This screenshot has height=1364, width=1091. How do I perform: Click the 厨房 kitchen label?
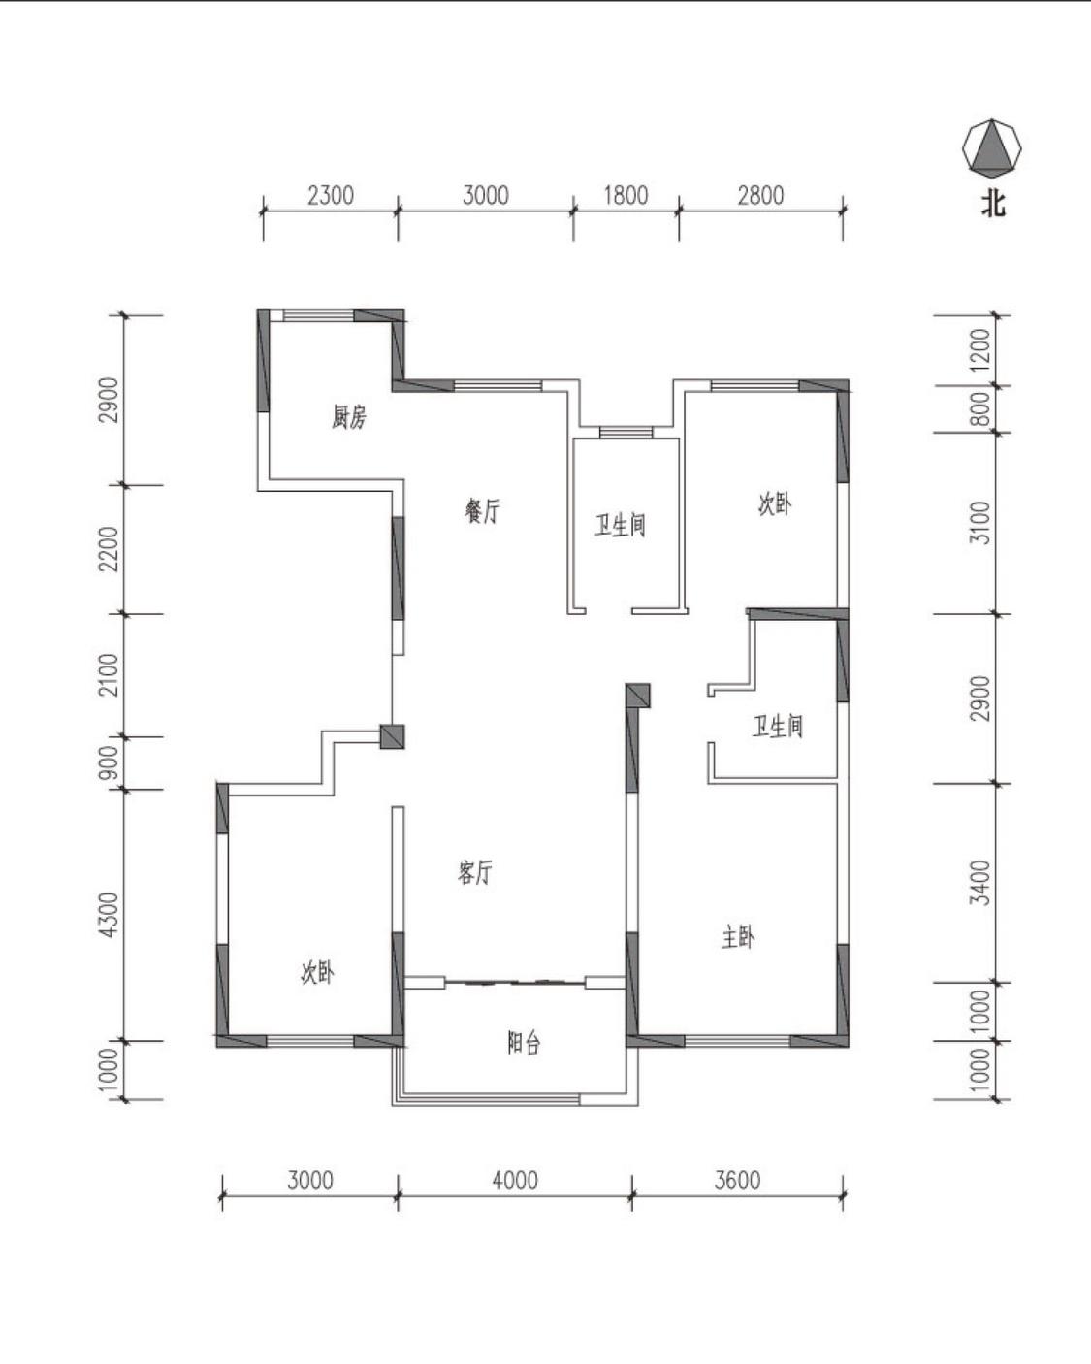pyautogui.click(x=348, y=417)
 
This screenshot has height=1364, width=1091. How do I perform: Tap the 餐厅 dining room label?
pyautogui.click(x=483, y=511)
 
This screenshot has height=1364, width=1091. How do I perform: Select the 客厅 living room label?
pyautogui.click(x=474, y=872)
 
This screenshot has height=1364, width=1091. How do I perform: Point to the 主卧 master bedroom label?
pyautogui.click(x=738, y=937)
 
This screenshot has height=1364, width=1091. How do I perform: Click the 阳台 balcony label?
pyautogui.click(x=524, y=1043)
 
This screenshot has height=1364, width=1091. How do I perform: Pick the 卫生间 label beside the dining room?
pyautogui.click(x=621, y=526)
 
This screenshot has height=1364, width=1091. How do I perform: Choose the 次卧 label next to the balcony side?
pyautogui.click(x=317, y=972)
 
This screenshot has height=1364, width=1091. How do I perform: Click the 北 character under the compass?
pyautogui.click(x=993, y=205)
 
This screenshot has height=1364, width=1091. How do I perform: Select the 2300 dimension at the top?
pyautogui.click(x=331, y=195)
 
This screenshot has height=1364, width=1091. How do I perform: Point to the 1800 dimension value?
pyautogui.click(x=626, y=195)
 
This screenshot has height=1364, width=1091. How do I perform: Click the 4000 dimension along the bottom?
pyautogui.click(x=515, y=1181)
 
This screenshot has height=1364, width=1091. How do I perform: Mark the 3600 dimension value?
pyautogui.click(x=737, y=1181)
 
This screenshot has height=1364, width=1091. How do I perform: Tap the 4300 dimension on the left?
pyautogui.click(x=109, y=915)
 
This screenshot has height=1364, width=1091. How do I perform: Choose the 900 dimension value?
pyautogui.click(x=109, y=763)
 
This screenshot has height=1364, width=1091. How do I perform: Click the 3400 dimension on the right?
pyautogui.click(x=980, y=882)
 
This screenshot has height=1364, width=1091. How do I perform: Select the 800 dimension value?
pyautogui.click(x=980, y=408)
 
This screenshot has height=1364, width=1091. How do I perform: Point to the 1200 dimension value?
pyautogui.click(x=980, y=350)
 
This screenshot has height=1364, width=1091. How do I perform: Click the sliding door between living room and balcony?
pyautogui.click(x=514, y=983)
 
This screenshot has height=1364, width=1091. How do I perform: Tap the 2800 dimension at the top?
pyautogui.click(x=760, y=195)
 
